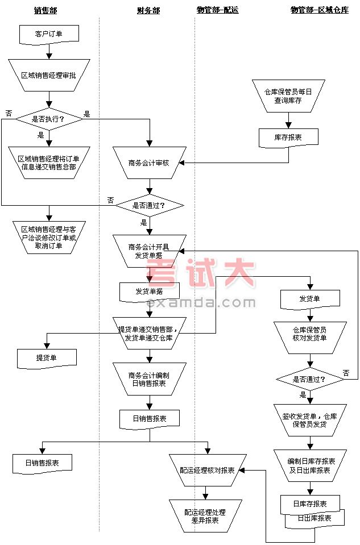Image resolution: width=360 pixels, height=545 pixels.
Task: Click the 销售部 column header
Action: [x=45, y=10]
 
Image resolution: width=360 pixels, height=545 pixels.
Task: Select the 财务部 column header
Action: [x=148, y=10]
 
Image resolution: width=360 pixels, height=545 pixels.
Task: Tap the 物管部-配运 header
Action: [x=217, y=10]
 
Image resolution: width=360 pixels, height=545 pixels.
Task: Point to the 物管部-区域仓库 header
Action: [x=319, y=10]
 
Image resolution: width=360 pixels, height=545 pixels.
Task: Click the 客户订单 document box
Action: [x=49, y=34]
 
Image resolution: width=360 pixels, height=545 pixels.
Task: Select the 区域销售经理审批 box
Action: [x=48, y=75]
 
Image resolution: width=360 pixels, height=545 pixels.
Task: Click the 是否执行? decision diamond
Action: [x=48, y=119]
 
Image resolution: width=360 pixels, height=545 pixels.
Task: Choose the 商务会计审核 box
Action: [x=149, y=163]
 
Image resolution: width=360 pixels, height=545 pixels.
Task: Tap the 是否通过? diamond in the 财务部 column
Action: [x=149, y=205]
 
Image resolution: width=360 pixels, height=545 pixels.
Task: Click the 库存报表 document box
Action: [x=288, y=137]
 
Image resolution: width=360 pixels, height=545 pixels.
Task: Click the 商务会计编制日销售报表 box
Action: [x=149, y=379]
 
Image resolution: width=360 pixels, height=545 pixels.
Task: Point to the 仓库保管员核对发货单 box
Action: [x=310, y=334]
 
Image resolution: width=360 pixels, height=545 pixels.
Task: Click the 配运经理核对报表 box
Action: [x=207, y=470]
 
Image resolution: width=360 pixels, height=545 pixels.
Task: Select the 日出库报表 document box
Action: [x=315, y=519]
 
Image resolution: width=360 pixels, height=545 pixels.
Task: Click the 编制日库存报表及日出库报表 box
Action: [x=311, y=466]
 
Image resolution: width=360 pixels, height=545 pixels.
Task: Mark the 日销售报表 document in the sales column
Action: [x=43, y=463]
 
